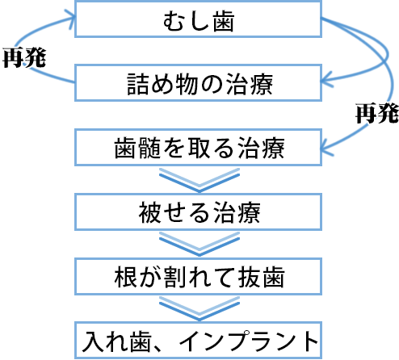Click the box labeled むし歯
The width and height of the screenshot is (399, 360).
coord(199,21)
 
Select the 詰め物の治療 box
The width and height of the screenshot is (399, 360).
coord(199,84)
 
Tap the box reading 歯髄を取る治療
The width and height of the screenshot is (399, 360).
coord(199,149)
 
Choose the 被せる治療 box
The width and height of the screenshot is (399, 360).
coord(199,213)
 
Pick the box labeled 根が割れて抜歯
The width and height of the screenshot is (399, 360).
coord(199,277)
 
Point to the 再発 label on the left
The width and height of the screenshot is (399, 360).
coord(24,57)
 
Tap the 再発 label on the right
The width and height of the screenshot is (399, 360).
coord(376,113)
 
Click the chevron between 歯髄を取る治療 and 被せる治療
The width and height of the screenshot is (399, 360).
coord(199,179)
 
